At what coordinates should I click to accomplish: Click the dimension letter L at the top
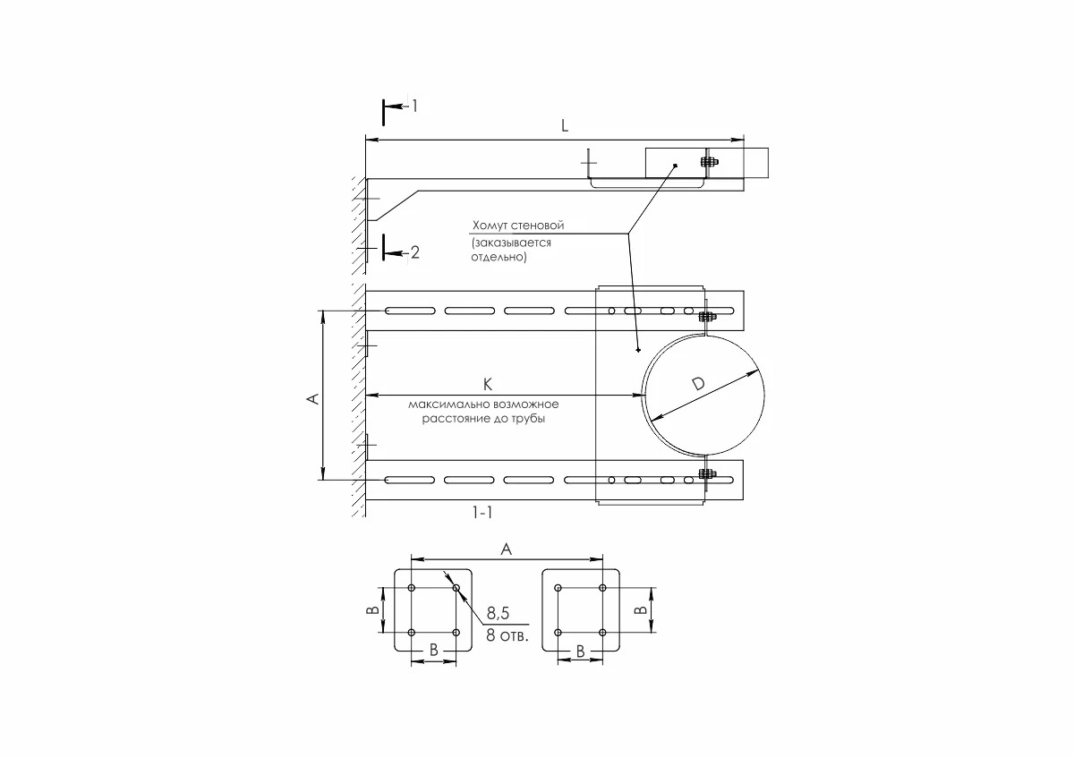[564, 126]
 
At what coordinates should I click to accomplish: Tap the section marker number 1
[414, 106]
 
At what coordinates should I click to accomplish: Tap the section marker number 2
[414, 253]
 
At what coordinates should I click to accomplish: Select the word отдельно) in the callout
[499, 258]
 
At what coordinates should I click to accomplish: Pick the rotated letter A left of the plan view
[312, 398]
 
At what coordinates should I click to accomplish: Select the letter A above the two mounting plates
[506, 550]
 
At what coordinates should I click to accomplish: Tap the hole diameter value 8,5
[499, 615]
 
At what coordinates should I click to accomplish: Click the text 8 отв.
[507, 636]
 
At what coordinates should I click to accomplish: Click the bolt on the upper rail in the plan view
[706, 316]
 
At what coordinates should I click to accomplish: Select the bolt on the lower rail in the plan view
[706, 474]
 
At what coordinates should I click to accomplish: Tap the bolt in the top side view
[706, 162]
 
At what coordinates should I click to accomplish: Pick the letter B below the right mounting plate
[580, 652]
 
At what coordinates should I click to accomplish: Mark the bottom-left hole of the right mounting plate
[558, 633]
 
